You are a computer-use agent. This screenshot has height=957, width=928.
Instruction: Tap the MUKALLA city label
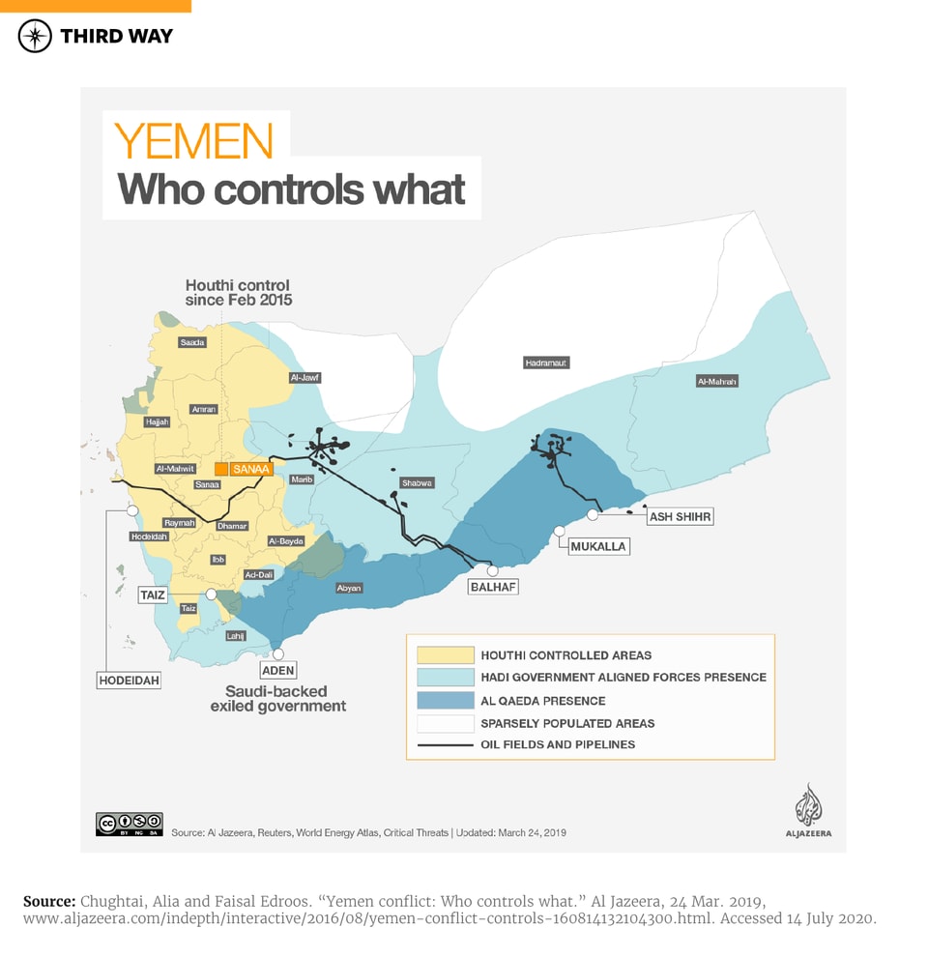pyautogui.click(x=598, y=547)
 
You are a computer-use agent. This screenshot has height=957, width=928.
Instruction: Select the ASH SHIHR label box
pyautogui.click(x=680, y=517)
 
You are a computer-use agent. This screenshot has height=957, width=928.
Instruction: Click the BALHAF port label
pyautogui.click(x=492, y=587)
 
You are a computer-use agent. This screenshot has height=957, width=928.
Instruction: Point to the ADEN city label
pyautogui.click(x=278, y=670)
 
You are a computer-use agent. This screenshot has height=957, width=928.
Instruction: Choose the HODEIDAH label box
pyautogui.click(x=130, y=681)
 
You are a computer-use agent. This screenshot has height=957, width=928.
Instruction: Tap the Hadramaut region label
pyautogui.click(x=546, y=362)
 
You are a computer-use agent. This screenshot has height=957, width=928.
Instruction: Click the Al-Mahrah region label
pyautogui.click(x=717, y=382)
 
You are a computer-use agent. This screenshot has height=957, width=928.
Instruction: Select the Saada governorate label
pyautogui.click(x=192, y=342)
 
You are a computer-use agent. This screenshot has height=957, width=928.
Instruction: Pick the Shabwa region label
pyautogui.click(x=418, y=482)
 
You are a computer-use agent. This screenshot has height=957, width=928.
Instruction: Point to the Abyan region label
pyautogui.click(x=349, y=588)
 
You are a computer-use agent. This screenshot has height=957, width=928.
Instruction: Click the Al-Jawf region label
pyautogui.click(x=304, y=378)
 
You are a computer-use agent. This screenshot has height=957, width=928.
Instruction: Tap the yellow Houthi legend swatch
pyautogui.click(x=445, y=655)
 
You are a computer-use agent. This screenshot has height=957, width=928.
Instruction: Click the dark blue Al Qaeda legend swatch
pyautogui.click(x=445, y=701)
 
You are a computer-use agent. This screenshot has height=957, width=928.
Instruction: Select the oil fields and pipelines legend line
pyautogui.click(x=445, y=745)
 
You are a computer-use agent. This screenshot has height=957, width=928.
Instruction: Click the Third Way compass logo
pyautogui.click(x=36, y=36)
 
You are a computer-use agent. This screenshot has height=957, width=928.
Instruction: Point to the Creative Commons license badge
pyautogui.click(x=130, y=824)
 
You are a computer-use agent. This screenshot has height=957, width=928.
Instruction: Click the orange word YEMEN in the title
pyautogui.click(x=193, y=141)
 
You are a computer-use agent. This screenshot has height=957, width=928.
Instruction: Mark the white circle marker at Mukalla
pyautogui.click(x=560, y=531)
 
